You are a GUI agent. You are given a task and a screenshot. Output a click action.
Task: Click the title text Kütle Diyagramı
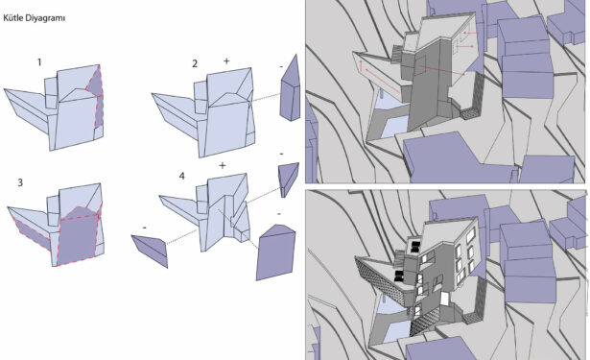[35, 18]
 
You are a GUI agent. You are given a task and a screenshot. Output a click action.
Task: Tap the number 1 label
[39, 62]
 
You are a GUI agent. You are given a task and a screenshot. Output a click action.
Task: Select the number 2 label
[195, 63]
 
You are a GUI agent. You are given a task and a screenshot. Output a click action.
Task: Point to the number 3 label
[20, 182]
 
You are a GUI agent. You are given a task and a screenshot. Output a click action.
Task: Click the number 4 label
[182, 176]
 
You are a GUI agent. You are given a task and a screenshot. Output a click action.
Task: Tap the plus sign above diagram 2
[226, 60]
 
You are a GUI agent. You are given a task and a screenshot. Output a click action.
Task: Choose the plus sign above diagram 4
[223, 165]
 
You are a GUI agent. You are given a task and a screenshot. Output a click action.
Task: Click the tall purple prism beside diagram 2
[290, 88]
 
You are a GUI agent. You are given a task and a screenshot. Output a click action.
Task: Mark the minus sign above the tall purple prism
[281, 66]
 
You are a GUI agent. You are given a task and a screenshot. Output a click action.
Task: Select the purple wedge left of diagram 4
[151, 250]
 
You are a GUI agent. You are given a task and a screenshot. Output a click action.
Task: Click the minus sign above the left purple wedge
[145, 228]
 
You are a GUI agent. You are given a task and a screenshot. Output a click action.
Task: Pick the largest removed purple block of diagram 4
[275, 252]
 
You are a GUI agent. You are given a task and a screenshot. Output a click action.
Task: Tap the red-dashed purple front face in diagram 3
[78, 235]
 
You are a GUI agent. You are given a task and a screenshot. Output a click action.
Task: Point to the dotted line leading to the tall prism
[267, 97]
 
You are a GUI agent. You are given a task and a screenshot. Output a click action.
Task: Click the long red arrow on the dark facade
[442, 71]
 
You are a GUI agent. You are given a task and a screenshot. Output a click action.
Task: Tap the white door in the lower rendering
[445, 299]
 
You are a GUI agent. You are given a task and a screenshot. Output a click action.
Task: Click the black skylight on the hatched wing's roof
[399, 276]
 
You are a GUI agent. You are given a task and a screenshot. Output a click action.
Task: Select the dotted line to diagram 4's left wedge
[181, 236]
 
